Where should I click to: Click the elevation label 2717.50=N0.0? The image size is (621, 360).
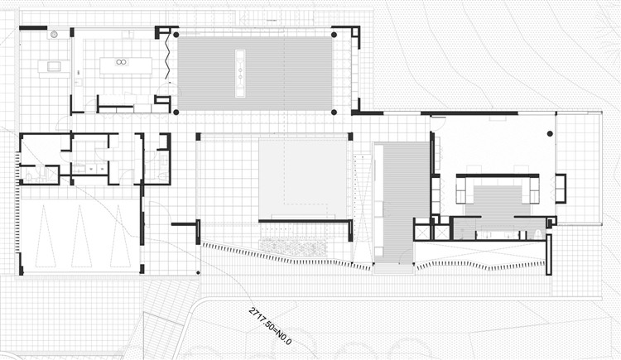(x=270, y=326)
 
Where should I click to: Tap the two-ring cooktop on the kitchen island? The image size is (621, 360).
(x=121, y=62)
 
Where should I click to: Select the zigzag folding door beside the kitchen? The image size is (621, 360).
(x=168, y=55)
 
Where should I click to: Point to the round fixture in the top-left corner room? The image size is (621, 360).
(x=54, y=35)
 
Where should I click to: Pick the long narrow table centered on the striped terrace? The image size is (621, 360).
(x=240, y=74)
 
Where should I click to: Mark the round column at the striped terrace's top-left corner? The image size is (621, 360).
(x=176, y=35)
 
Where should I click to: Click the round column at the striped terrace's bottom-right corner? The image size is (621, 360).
(x=334, y=113)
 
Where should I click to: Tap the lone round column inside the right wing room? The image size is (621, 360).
(x=550, y=133)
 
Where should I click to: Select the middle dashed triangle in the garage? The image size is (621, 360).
(x=82, y=236)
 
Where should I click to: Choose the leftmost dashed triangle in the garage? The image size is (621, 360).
(x=46, y=236)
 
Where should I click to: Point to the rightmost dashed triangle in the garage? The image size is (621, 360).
(x=120, y=236)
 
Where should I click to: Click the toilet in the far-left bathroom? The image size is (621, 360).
(x=29, y=175)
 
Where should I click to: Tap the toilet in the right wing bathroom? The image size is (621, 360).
(x=538, y=233)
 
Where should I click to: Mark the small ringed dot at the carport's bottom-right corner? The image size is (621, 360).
(x=199, y=272)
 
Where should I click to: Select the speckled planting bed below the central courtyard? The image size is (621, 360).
(x=293, y=247)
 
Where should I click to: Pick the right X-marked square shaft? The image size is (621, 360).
(x=440, y=232)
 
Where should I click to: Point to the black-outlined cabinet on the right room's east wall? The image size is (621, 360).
(x=561, y=188)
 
